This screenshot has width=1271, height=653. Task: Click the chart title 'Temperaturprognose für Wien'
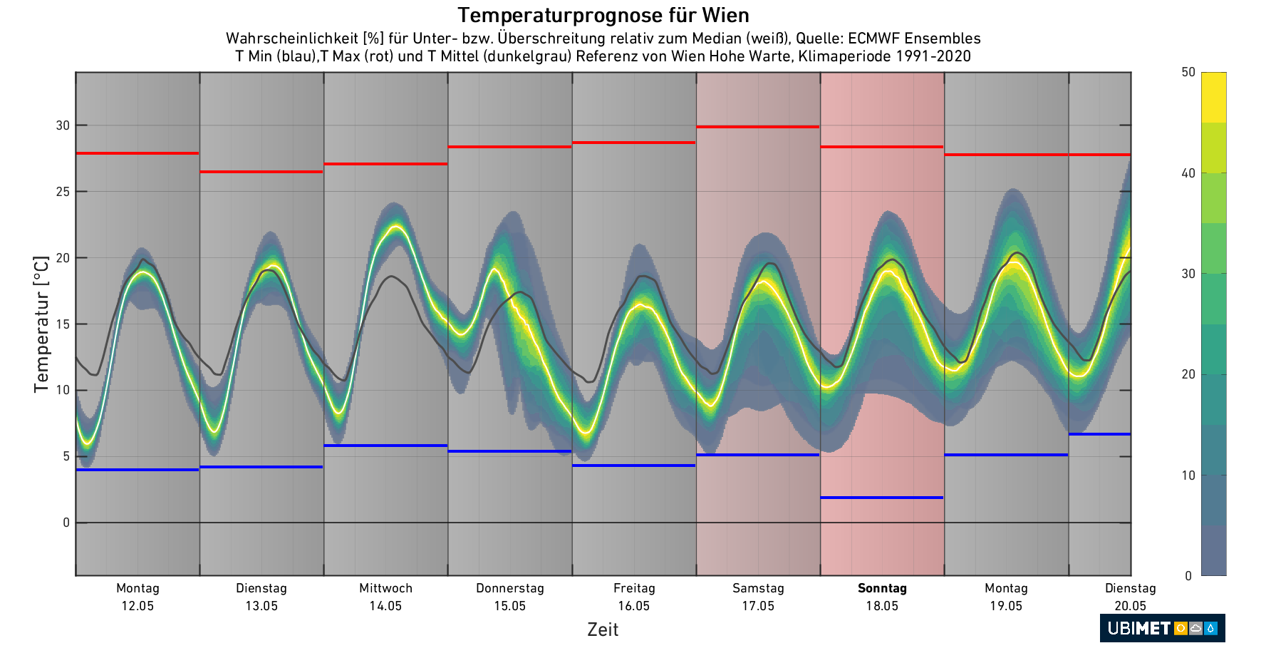click(x=603, y=15)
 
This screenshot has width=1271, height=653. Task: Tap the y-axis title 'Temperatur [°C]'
click(x=41, y=324)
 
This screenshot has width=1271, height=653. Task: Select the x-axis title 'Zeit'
click(x=603, y=629)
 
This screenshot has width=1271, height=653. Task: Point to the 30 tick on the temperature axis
click(x=63, y=125)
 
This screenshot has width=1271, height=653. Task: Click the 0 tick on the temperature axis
click(x=66, y=523)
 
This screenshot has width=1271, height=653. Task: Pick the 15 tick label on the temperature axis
click(x=63, y=324)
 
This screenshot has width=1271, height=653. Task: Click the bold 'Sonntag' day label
click(x=882, y=588)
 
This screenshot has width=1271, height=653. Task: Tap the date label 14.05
click(x=385, y=606)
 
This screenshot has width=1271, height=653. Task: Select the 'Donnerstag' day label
click(x=510, y=588)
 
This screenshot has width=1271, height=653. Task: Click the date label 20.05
click(x=1131, y=606)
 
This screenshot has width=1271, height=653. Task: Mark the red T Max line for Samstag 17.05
click(x=758, y=127)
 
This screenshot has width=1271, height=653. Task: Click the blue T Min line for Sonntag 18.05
click(x=882, y=498)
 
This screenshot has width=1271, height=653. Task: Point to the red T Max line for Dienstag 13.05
click(x=261, y=172)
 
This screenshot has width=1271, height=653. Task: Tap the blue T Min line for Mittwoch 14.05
click(x=385, y=446)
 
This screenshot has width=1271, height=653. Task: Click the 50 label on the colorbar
click(x=1188, y=72)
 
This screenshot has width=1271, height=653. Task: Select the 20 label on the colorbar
click(x=1188, y=374)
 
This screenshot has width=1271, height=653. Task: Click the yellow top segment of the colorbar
click(x=1213, y=97)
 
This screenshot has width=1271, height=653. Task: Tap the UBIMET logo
click(x=1162, y=628)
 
